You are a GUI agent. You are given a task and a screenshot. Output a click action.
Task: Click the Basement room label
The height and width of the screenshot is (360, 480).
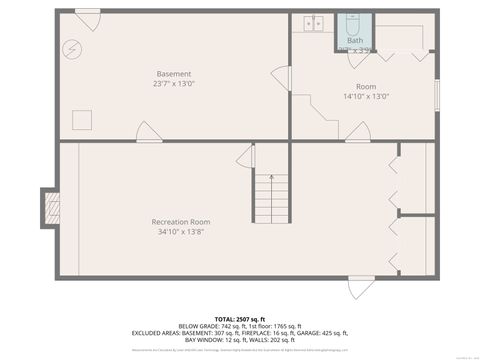pyautogui.click(x=173, y=74)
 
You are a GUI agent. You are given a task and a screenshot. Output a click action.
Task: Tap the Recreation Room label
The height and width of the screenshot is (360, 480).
pyautogui.click(x=180, y=221)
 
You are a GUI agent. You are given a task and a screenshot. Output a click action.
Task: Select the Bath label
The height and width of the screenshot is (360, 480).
pyautogui.click(x=355, y=40)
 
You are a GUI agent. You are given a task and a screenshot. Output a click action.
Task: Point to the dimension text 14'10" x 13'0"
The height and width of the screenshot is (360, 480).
pyautogui.click(x=366, y=97)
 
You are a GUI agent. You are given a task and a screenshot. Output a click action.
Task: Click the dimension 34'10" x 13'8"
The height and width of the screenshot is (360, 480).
pyautogui.click(x=180, y=232)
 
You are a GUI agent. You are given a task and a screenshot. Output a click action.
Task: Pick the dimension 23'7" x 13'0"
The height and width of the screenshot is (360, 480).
pyautogui.click(x=173, y=85)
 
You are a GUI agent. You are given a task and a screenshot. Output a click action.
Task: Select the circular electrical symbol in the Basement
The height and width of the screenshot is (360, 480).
pyautogui.click(x=72, y=47)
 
